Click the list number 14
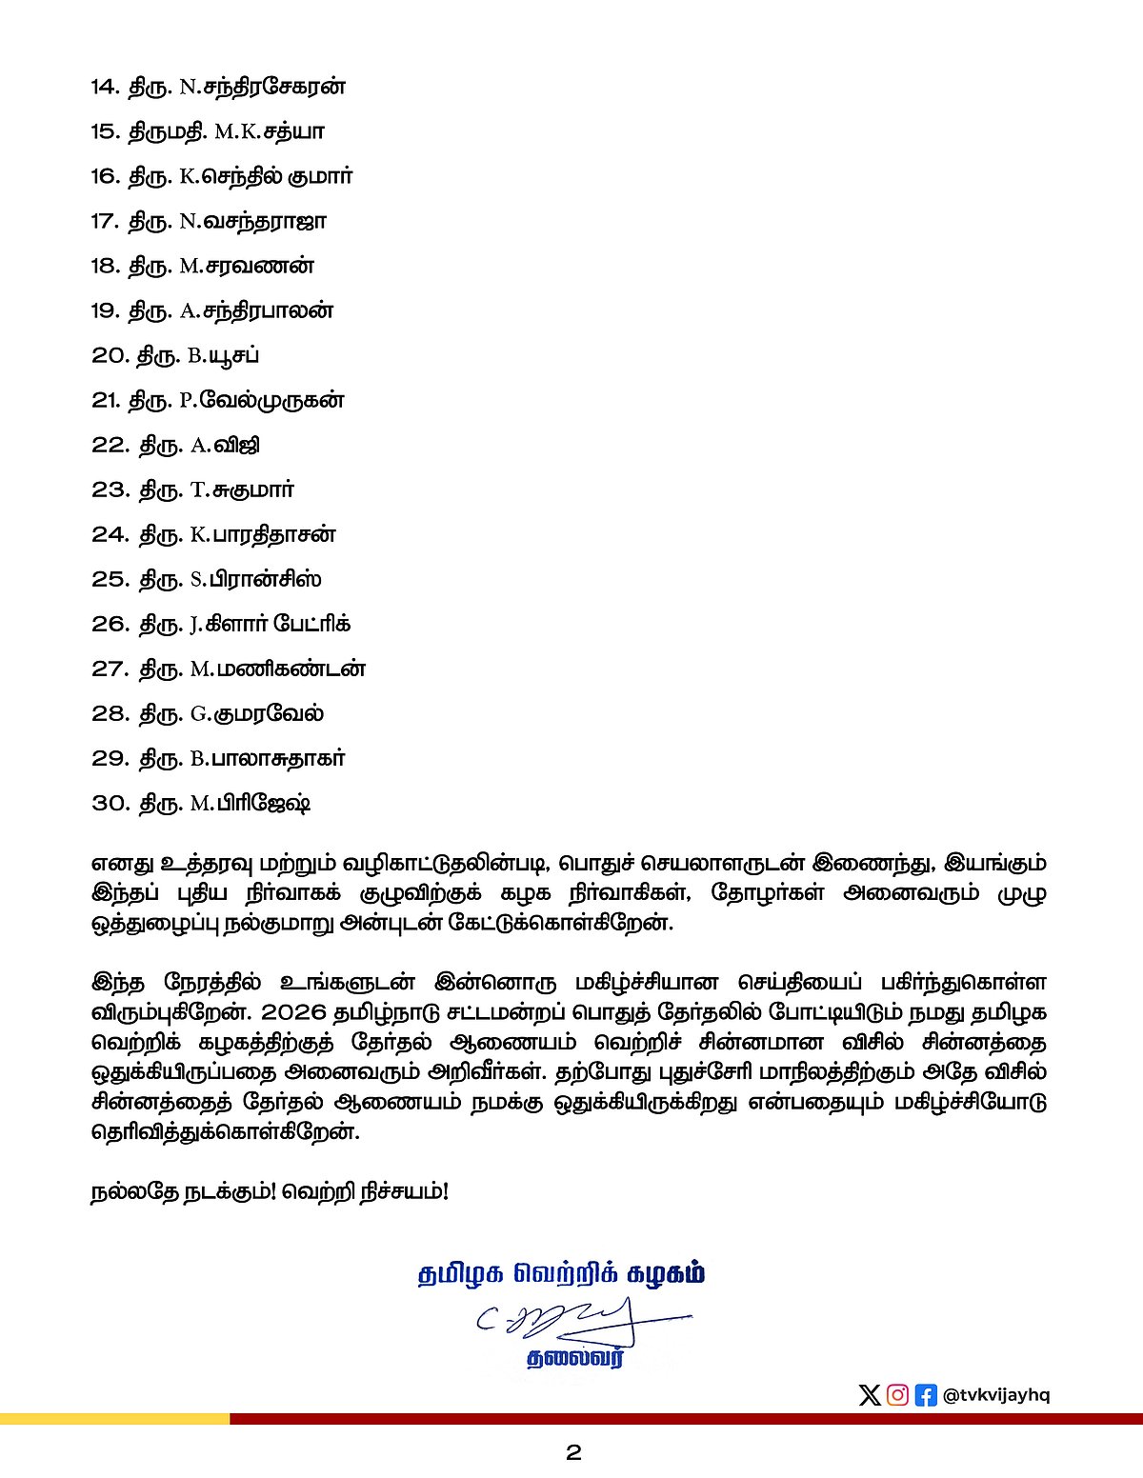[105, 87]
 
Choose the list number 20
[110, 355]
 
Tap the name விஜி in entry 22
[238, 445]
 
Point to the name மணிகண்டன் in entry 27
[291, 669]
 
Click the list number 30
[110, 803]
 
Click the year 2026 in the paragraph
[286, 1010]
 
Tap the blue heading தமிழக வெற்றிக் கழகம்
[562, 1274]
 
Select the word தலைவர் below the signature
[575, 1359]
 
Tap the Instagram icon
[897, 1395]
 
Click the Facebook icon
[925, 1395]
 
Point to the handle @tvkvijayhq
[996, 1395]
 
